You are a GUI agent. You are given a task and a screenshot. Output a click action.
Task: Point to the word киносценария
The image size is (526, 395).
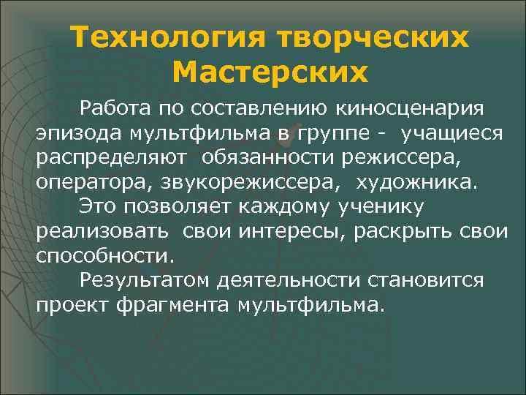[x=410, y=109]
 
